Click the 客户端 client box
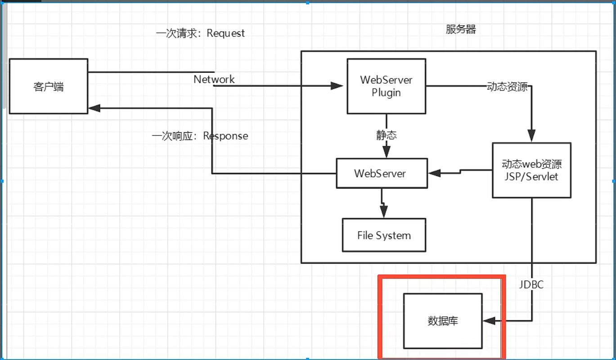click(49, 86)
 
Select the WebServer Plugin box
click(386, 86)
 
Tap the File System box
click(384, 235)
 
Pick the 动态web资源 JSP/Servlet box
click(531, 170)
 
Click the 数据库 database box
click(443, 321)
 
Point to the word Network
click(214, 79)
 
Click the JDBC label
click(531, 284)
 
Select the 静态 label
click(387, 135)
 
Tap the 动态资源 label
click(507, 86)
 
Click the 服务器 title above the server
click(461, 30)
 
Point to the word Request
click(226, 33)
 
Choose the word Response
click(225, 136)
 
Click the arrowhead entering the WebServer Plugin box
click(337, 86)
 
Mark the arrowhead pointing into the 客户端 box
click(94, 108)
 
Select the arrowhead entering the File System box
click(384, 212)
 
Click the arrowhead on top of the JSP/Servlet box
click(532, 137)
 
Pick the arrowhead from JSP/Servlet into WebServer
click(434, 173)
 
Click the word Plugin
click(386, 93)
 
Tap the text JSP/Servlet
click(531, 176)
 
